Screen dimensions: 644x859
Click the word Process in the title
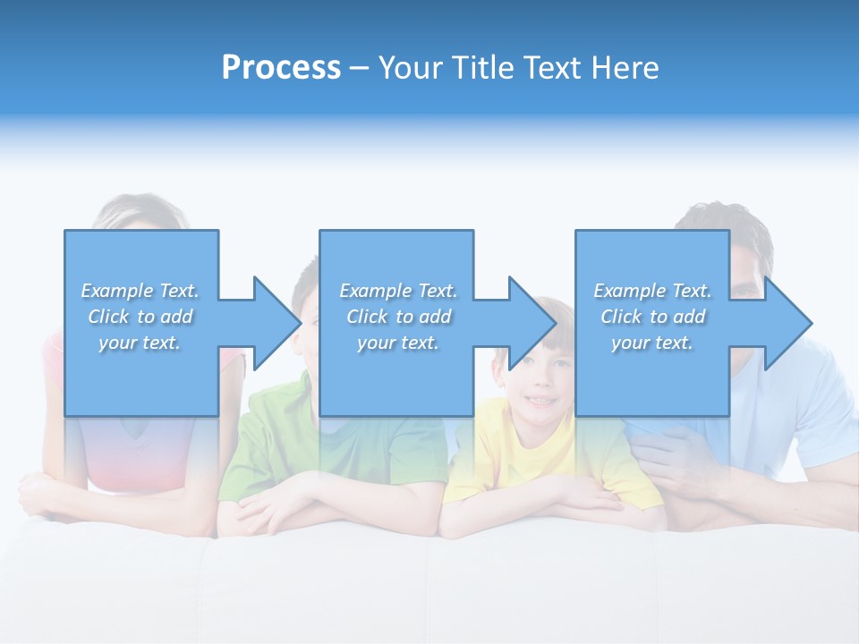[281, 68]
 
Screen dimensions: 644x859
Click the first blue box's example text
[140, 317]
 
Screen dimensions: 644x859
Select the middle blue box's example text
[398, 317]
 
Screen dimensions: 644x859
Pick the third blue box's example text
[652, 317]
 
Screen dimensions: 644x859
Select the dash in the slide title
[360, 68]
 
